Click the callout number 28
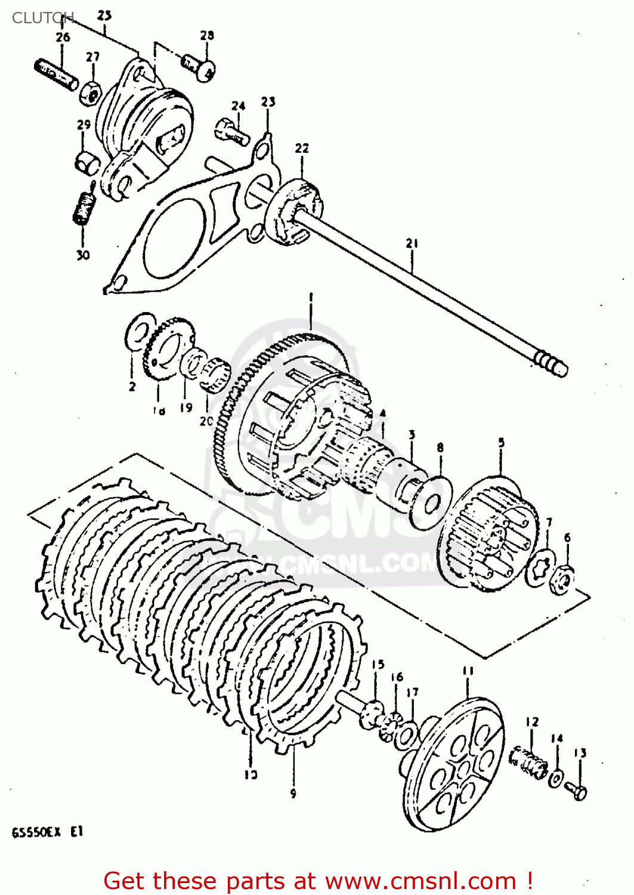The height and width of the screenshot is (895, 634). (207, 35)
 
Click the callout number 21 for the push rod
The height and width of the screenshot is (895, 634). (412, 243)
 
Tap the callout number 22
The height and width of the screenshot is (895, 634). (302, 148)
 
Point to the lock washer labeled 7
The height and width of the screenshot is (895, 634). (542, 565)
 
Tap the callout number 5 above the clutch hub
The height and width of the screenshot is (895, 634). (501, 443)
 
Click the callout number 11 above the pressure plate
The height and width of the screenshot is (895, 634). (468, 671)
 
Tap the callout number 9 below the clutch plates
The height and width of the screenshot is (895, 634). (293, 793)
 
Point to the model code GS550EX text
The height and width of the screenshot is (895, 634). (36, 832)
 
